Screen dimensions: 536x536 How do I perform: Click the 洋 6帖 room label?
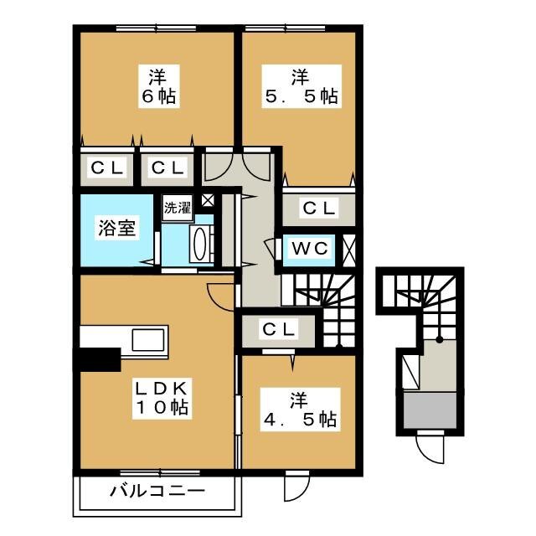click(159, 86)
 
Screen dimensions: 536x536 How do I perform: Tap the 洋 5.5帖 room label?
click(301, 86)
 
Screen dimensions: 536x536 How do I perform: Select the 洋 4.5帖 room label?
click(300, 410)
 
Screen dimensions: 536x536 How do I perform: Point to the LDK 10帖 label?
click(162, 398)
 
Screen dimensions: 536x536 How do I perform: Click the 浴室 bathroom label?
click(117, 228)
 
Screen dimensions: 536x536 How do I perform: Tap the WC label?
click(310, 248)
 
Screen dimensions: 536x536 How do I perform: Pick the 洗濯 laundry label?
click(178, 207)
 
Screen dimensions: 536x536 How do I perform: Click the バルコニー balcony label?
click(157, 492)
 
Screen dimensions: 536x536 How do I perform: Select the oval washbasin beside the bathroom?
click(199, 242)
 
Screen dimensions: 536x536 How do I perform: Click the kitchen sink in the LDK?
click(148, 340)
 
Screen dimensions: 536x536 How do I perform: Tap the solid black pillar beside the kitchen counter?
click(98, 359)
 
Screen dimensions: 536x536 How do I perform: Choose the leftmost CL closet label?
click(106, 168)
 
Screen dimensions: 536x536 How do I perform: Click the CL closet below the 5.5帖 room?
click(318, 208)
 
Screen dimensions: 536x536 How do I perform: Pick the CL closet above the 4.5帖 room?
click(278, 329)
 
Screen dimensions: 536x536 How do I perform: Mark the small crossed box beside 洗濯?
click(208, 200)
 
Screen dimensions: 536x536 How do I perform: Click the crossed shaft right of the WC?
click(349, 249)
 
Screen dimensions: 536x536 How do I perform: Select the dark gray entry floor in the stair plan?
click(430, 410)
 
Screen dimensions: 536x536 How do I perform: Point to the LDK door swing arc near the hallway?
click(220, 296)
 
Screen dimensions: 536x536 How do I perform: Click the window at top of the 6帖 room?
click(157, 28)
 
